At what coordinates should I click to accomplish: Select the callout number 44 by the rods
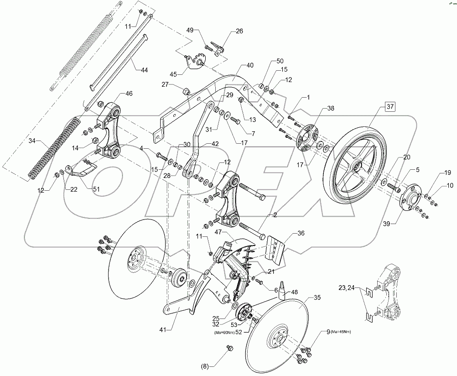pyautogui.click(x=144, y=70)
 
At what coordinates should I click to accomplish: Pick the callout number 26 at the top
pyautogui.click(x=239, y=31)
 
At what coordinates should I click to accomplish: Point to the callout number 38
pyautogui.click(x=330, y=109)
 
